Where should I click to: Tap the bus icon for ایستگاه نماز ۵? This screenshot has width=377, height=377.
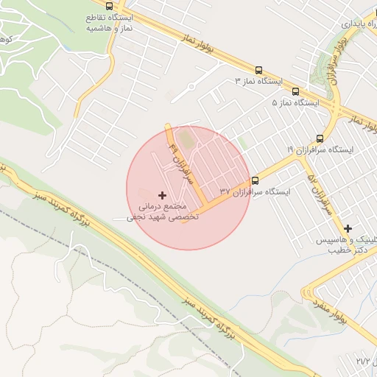tap(295, 92)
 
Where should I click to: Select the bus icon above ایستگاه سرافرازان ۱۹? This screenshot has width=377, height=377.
tap(320, 138)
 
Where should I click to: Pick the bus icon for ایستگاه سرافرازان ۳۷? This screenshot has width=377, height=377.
tap(256, 180)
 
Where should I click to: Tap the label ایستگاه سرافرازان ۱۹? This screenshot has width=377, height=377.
tap(320, 149)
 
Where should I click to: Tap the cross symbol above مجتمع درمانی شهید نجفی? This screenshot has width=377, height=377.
tap(162, 194)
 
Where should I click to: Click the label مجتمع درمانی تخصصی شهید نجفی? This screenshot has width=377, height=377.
tap(158, 212)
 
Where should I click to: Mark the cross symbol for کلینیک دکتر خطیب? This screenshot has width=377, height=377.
tap(348, 228)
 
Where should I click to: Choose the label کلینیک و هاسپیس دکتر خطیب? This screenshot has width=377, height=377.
tap(349, 245)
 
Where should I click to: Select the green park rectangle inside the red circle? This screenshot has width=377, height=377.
tap(185, 138)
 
